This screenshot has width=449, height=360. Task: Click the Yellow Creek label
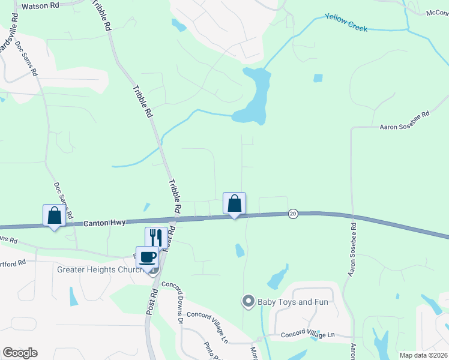(x=346, y=22)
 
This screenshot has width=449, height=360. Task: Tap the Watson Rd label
(x=40, y=6)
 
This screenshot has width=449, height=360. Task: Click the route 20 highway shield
(x=293, y=213)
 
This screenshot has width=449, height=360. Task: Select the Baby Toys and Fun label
(x=293, y=302)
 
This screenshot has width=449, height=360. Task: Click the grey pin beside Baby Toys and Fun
(x=247, y=301)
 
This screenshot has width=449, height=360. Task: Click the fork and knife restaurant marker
(x=155, y=237)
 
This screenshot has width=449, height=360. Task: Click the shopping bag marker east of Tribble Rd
(x=234, y=203)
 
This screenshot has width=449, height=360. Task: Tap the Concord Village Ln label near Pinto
(x=208, y=327)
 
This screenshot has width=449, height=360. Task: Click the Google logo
(x=20, y=353)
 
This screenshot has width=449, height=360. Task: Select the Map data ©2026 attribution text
(x=423, y=355)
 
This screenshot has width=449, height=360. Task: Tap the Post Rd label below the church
(x=151, y=301)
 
